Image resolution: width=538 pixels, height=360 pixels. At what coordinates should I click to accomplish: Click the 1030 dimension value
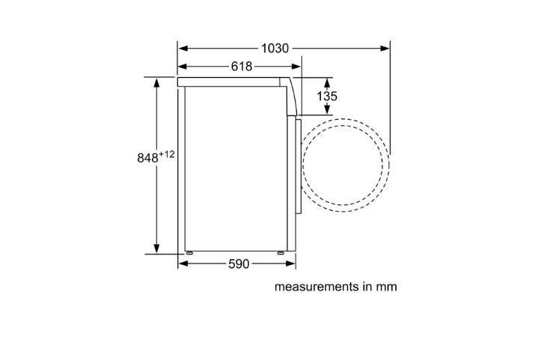275,49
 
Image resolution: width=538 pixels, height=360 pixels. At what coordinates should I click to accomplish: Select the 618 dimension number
242,66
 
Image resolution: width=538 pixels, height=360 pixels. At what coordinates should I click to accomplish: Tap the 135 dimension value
327,96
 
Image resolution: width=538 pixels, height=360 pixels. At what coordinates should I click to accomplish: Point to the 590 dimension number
239,264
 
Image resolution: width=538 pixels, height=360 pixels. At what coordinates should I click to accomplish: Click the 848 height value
148,158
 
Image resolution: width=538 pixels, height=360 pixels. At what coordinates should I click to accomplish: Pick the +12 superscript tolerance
167,154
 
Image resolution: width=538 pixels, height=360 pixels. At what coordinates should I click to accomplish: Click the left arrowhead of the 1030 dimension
183,49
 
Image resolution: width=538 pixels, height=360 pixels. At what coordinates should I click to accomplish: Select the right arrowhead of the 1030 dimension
385,49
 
